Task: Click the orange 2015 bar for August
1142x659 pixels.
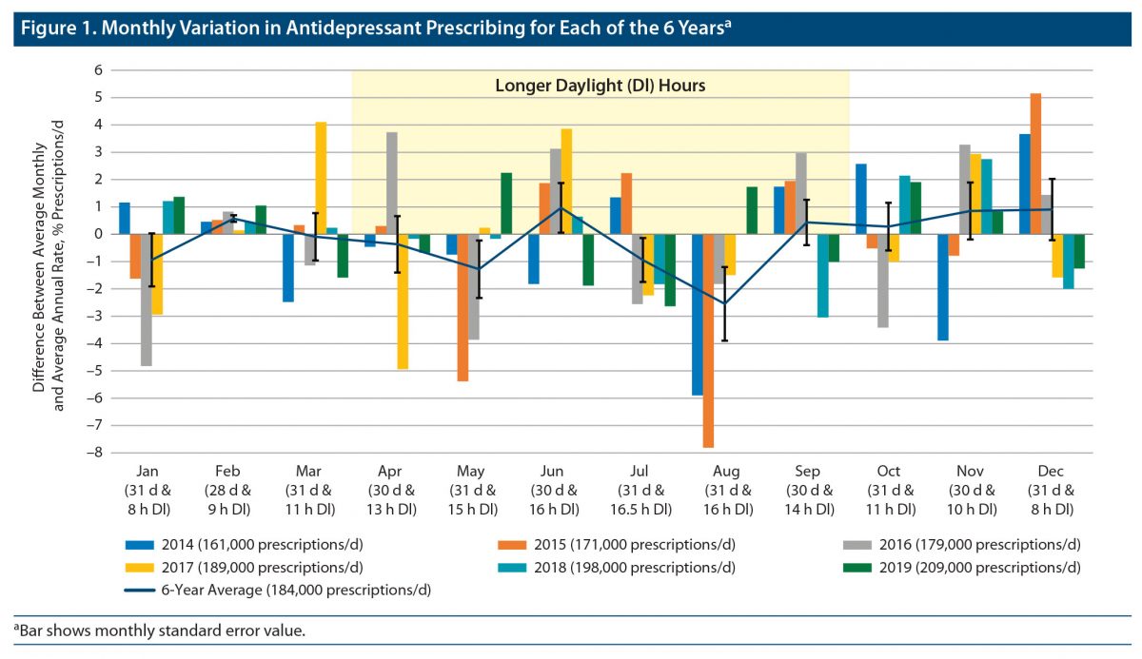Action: point(709,339)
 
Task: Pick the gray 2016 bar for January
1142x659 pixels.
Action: point(147,300)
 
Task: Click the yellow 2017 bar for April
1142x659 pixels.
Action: point(403,300)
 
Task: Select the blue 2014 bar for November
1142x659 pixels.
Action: point(942,286)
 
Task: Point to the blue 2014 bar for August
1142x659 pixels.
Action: point(698,314)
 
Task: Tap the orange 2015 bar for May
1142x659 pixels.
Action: point(463,307)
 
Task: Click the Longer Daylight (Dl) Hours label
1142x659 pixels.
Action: point(600,86)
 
